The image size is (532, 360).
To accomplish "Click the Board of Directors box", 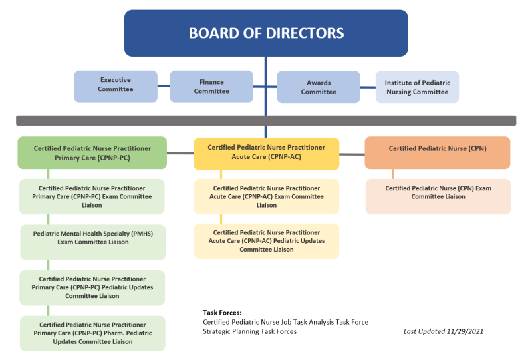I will point(265,33).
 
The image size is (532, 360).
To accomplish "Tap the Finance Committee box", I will point(211,87).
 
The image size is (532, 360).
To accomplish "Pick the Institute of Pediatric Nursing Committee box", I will point(417,87).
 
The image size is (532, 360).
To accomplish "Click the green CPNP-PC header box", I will point(92,153).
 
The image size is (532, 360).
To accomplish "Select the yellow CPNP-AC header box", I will point(266,153).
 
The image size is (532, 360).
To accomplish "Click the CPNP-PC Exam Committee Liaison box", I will point(92,196).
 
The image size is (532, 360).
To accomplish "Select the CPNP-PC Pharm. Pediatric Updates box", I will point(92,333).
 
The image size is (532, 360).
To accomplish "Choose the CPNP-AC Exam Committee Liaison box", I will point(266,196).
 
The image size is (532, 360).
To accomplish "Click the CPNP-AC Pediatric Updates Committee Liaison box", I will point(266,241).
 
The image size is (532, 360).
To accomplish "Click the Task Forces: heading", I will point(222,312).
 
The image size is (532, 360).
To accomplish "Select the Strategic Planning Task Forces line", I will point(249,331).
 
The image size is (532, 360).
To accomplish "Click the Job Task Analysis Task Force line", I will point(285,322).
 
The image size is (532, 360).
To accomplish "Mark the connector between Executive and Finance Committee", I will point(164,86).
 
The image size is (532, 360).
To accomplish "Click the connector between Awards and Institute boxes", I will point(368,87).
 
